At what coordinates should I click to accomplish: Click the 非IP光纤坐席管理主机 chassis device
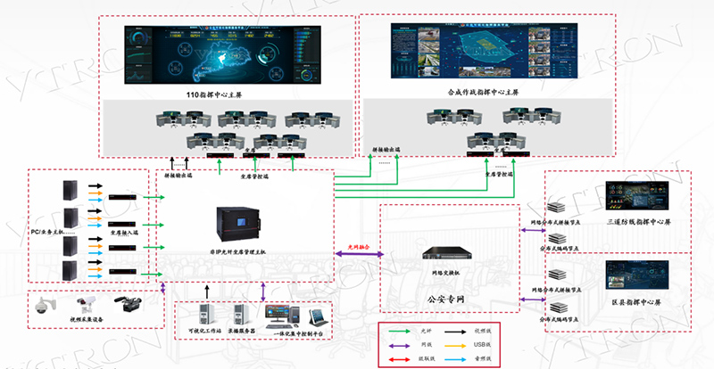click(x=239, y=228)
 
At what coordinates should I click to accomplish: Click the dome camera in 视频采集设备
click(x=41, y=305)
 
